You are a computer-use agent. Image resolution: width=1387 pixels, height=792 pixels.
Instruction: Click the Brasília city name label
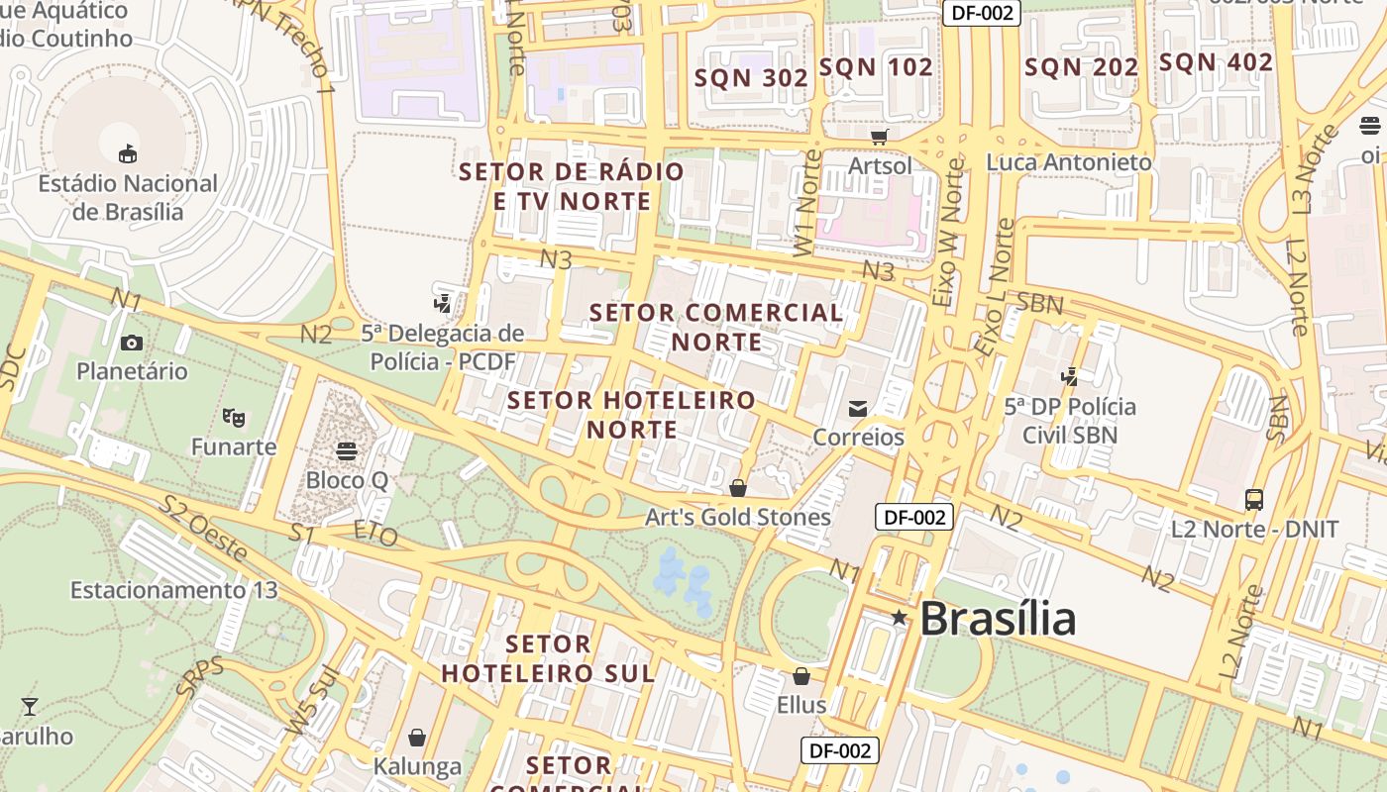coord(997,619)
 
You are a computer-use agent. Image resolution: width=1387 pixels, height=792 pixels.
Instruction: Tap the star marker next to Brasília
coord(899,618)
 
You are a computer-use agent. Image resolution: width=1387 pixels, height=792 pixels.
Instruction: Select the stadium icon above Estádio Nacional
coord(128,153)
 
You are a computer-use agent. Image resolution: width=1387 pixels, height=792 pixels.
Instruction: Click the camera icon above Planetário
coord(131,343)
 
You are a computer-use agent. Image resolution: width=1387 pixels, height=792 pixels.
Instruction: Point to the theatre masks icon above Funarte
coord(234,418)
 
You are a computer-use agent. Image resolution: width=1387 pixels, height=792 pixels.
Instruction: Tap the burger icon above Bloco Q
coord(346,451)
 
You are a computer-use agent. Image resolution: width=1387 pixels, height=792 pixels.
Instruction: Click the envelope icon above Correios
coord(858,408)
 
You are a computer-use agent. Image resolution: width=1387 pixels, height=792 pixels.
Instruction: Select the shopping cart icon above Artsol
coord(879,137)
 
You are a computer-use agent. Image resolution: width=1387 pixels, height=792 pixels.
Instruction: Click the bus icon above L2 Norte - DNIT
coord(1254,499)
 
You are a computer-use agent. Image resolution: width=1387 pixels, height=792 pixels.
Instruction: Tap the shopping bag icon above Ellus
coord(801,676)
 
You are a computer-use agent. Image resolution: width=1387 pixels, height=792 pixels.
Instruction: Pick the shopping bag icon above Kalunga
coord(417,738)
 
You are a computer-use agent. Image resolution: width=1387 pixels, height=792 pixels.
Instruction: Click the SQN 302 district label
coord(751,78)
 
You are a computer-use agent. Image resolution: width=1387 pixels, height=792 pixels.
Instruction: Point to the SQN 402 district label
coord(1216,62)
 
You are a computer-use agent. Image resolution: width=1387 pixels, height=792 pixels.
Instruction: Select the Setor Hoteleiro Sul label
coord(548,658)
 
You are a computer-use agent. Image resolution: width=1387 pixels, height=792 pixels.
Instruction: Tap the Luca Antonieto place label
coord(1069,161)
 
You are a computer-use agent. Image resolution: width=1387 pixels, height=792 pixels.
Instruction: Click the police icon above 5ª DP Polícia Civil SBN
coord(1069,376)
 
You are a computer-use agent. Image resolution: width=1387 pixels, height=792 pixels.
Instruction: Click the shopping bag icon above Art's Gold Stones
coord(737,488)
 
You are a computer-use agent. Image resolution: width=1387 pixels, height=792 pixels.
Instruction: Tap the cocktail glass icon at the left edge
coord(30,706)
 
